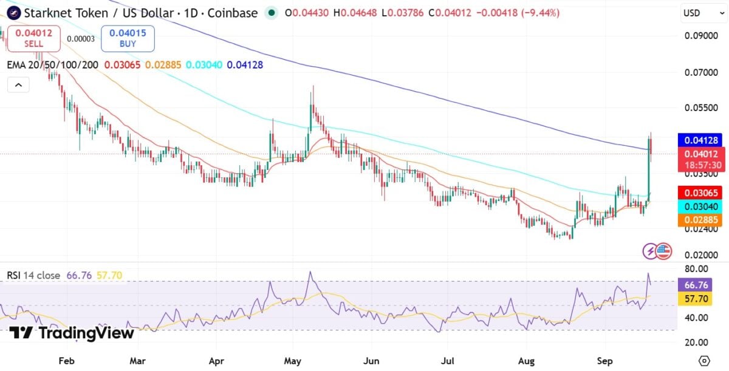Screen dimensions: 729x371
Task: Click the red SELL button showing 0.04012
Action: click(x=34, y=38)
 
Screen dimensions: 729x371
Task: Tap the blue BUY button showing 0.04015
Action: click(x=128, y=38)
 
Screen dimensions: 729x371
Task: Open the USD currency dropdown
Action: click(x=703, y=13)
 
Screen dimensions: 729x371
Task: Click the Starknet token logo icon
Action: click(x=13, y=13)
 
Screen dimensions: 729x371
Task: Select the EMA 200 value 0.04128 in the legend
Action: click(x=245, y=65)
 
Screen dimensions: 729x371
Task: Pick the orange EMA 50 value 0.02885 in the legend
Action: click(x=163, y=65)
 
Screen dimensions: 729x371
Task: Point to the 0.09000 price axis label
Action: click(x=701, y=36)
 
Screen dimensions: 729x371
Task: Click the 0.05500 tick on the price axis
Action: click(x=701, y=107)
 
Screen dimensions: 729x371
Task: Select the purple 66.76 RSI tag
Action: click(x=695, y=285)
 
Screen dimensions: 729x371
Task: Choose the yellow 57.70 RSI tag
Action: click(x=695, y=299)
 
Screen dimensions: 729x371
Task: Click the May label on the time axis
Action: click(x=292, y=361)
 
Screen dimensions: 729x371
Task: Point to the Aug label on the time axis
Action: click(x=526, y=361)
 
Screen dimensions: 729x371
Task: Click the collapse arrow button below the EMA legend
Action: click(x=19, y=85)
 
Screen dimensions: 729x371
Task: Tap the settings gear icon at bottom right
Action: click(x=704, y=361)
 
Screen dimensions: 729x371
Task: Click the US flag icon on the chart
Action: click(x=663, y=251)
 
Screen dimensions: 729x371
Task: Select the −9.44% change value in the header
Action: click(x=541, y=13)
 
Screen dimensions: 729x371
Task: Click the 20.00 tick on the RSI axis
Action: click(x=696, y=342)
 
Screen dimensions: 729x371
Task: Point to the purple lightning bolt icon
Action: click(x=650, y=251)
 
